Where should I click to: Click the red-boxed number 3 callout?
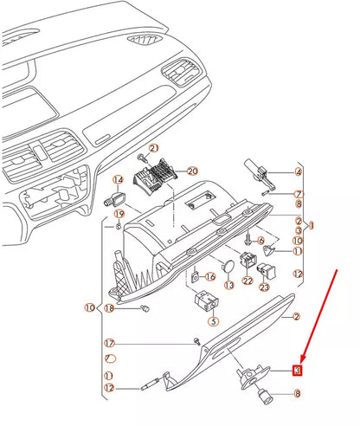(297, 371)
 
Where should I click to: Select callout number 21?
(154, 150)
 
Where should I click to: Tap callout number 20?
(192, 171)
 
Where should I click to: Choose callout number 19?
(119, 213)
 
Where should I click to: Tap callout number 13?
(228, 284)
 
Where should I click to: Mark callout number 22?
(247, 281)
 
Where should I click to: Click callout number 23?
(265, 286)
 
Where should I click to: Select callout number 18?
(110, 308)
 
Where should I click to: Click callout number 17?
(110, 343)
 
